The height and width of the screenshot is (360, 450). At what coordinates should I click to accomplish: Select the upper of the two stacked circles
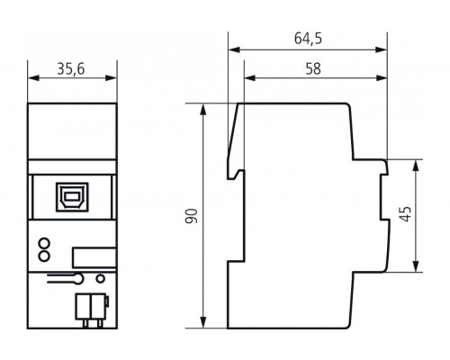[44, 243]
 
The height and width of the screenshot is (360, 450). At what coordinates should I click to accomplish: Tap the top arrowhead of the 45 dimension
[417, 165]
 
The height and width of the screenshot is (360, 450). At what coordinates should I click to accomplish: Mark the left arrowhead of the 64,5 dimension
[231, 49]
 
